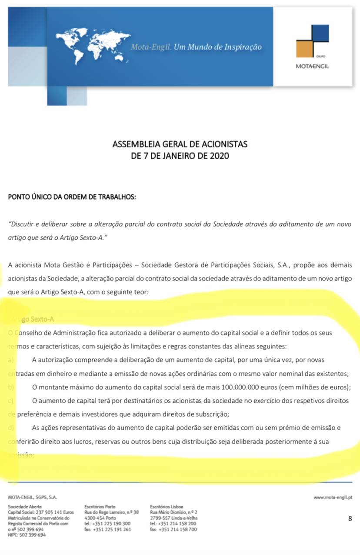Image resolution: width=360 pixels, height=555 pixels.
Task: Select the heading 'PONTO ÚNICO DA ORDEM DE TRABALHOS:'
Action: tap(72, 197)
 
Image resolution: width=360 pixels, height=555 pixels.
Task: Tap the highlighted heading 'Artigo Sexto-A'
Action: tap(33, 319)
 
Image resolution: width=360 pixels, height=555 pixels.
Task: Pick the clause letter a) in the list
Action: tap(11, 360)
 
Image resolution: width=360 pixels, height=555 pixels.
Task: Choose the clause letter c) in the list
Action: tap(11, 400)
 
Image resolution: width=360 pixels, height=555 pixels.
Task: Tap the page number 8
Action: tap(350, 518)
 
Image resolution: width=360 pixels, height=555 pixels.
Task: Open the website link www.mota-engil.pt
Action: tap(333, 497)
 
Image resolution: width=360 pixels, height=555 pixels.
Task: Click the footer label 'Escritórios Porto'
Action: tap(100, 507)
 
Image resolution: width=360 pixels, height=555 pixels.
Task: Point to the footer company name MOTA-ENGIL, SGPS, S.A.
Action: tap(32, 497)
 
